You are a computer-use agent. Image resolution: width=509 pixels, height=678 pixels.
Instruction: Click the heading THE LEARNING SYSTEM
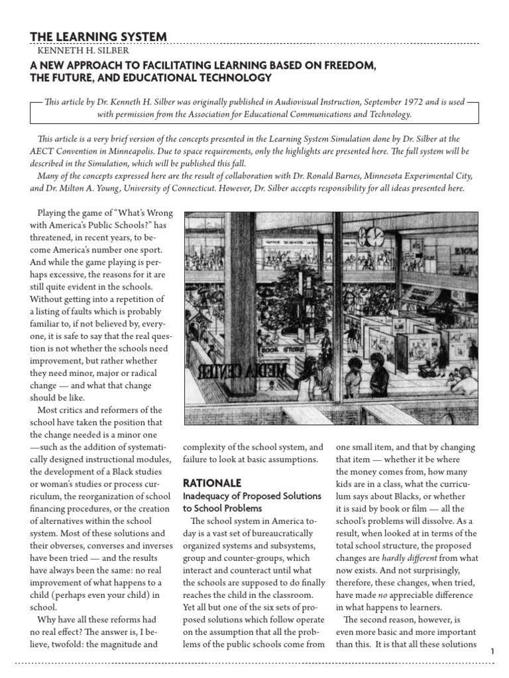click(x=99, y=36)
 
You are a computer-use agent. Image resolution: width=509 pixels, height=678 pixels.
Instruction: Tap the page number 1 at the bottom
click(x=492, y=652)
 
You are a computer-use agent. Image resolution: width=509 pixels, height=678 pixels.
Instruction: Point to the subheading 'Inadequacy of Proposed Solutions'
click(x=252, y=496)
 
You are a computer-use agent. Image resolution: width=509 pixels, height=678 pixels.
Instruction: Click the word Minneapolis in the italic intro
click(x=180, y=150)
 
